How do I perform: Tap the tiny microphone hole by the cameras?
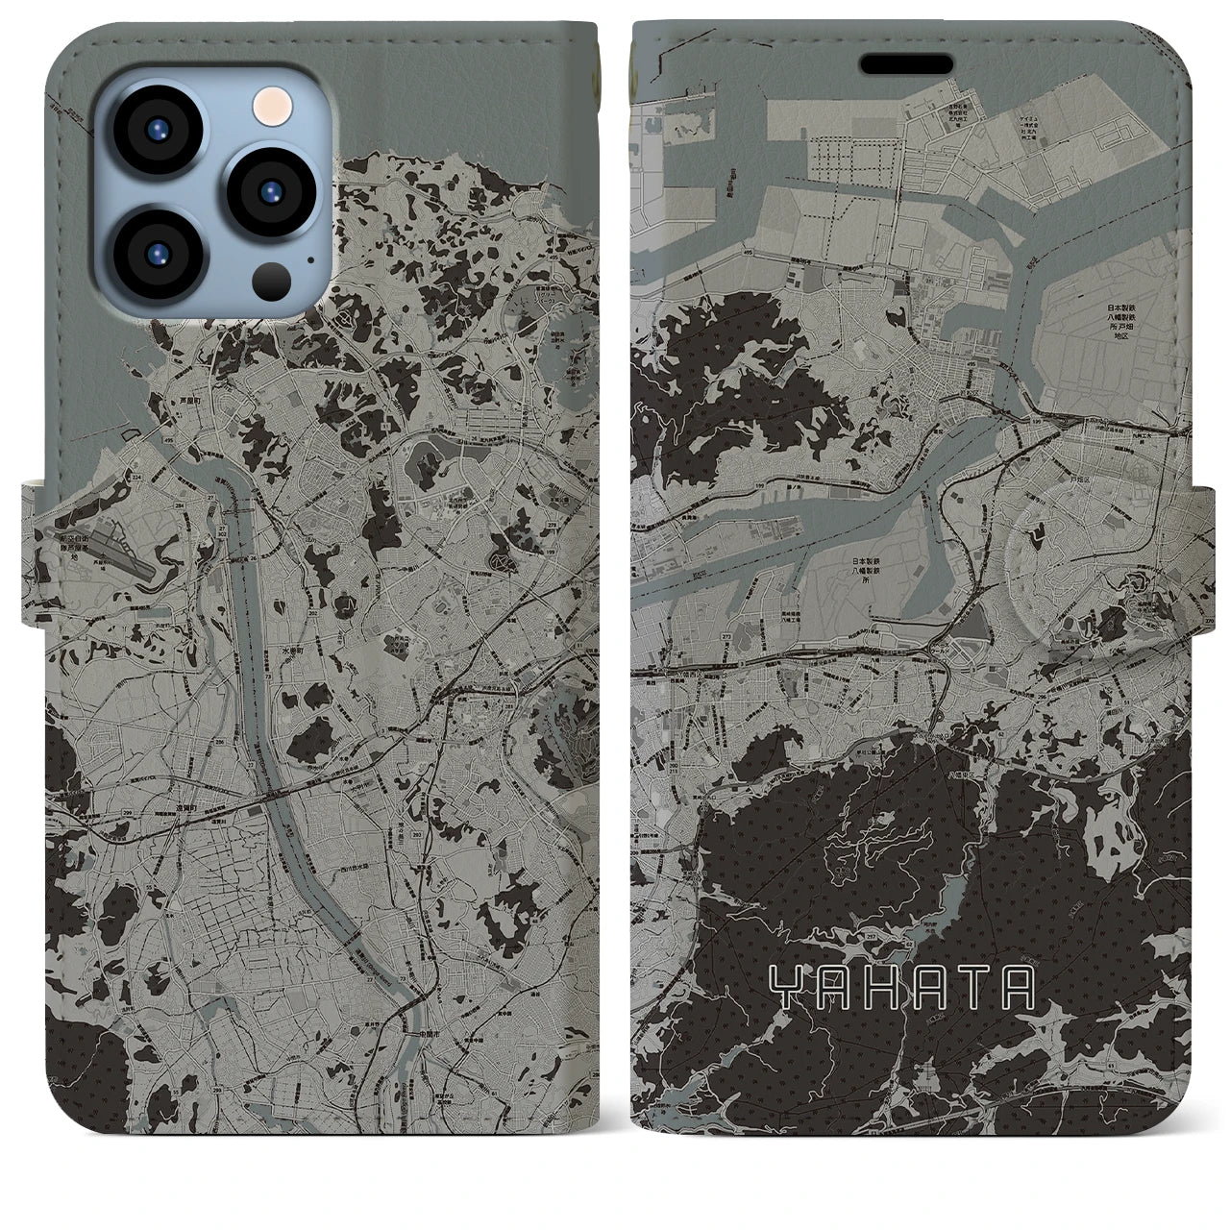tap(309, 258)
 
